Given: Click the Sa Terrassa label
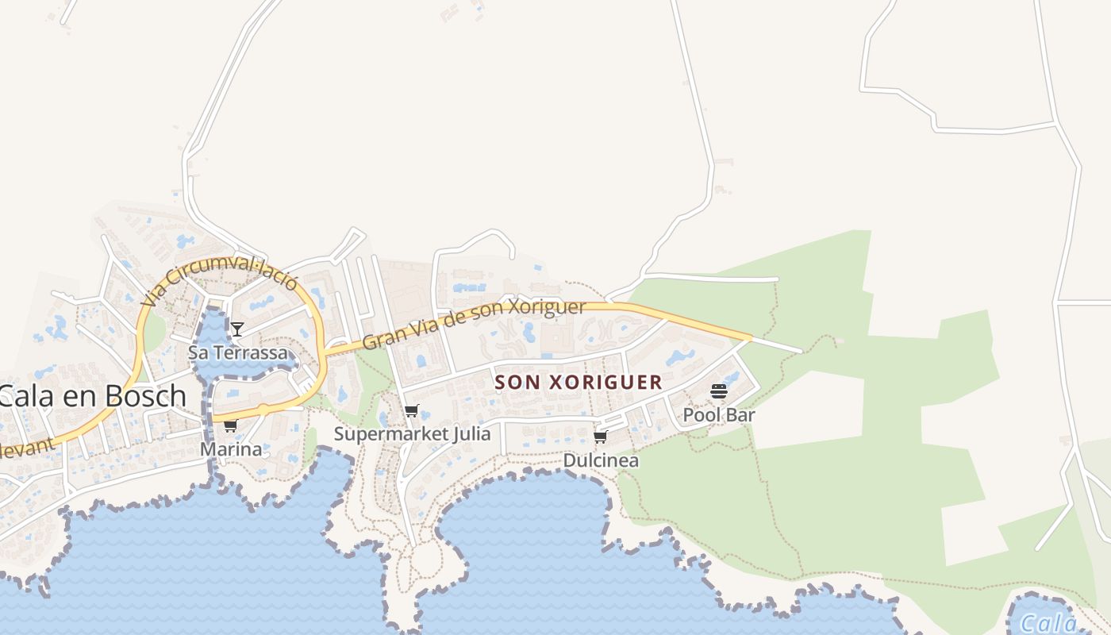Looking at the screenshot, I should [x=237, y=352].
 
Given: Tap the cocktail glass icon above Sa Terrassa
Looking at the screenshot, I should [x=236, y=329].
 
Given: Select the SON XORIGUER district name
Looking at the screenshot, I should [x=579, y=382].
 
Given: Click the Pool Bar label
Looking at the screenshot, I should [x=719, y=414].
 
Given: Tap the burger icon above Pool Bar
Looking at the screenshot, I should [x=719, y=391].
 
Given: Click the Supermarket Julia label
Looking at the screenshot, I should [x=412, y=434].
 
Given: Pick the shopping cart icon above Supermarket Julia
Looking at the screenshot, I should [x=411, y=411].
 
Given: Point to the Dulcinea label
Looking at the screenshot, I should [x=601, y=460].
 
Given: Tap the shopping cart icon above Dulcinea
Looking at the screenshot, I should [x=601, y=437].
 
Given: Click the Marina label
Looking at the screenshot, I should [x=230, y=449].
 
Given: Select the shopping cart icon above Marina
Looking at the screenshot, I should [x=230, y=426].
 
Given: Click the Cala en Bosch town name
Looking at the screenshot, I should [x=92, y=396].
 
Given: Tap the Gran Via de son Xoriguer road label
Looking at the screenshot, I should [x=474, y=325].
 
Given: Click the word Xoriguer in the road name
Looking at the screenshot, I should [x=546, y=309].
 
